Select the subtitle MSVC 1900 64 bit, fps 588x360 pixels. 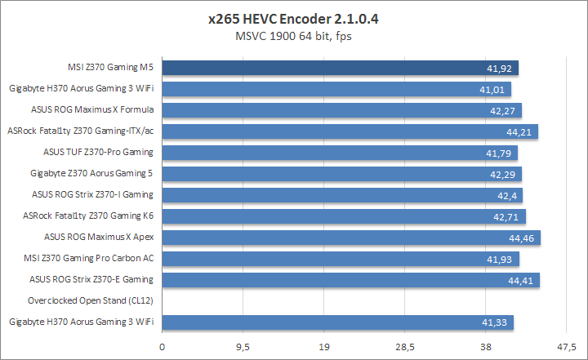pyautogui.click(x=294, y=35)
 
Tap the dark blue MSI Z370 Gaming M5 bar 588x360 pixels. pyautogui.click(x=341, y=67)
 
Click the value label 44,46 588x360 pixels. pyautogui.click(x=520, y=238)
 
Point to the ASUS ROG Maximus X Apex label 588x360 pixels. pyautogui.click(x=99, y=237)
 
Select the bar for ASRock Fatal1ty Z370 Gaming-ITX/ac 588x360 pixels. pyautogui.click(x=350, y=131)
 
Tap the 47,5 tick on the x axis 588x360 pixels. pyautogui.click(x=566, y=347)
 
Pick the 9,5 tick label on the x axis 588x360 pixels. pyautogui.click(x=243, y=347)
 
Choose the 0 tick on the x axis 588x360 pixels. pyautogui.click(x=163, y=347)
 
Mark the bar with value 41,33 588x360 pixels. pyautogui.click(x=338, y=322)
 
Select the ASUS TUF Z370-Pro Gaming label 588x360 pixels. pyautogui.click(x=98, y=152)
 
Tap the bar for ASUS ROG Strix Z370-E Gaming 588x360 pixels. pyautogui.click(x=351, y=279)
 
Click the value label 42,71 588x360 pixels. pyautogui.click(x=506, y=216)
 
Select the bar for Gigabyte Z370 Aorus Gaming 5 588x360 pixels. pyautogui.click(x=342, y=173)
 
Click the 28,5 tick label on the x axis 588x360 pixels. pyautogui.click(x=405, y=347)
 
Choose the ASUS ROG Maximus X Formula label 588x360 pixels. pyautogui.click(x=92, y=109)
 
